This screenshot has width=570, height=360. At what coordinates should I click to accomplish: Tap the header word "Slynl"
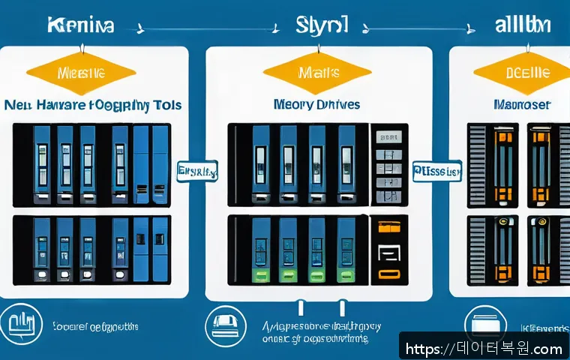pyautogui.click(x=321, y=27)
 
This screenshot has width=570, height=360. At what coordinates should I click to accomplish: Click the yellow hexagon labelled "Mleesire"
pyautogui.click(x=80, y=73)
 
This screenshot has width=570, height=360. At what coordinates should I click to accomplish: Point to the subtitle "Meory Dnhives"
pyautogui.click(x=316, y=104)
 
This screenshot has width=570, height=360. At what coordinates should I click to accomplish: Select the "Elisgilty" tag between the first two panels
pyautogui.click(x=196, y=172)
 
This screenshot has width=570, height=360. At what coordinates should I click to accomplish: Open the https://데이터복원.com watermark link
pyautogui.click(x=484, y=349)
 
